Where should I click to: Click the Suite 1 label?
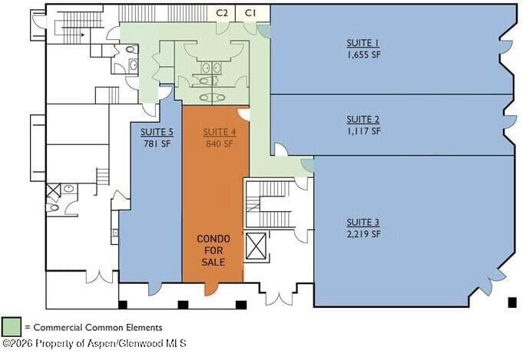(x=363, y=43)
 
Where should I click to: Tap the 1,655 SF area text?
(x=363, y=54)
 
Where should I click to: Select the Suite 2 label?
(x=363, y=119)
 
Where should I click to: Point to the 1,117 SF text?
(x=363, y=130)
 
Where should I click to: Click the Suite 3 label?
(x=363, y=223)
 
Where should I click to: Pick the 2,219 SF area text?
(x=363, y=234)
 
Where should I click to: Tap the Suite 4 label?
(x=220, y=132)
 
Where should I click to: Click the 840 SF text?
(x=220, y=144)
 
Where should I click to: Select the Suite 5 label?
(x=157, y=132)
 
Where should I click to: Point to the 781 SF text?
(x=157, y=144)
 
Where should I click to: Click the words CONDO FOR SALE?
(x=214, y=250)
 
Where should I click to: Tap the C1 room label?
(x=250, y=13)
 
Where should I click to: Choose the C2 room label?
(x=222, y=13)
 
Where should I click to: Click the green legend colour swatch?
(x=12, y=327)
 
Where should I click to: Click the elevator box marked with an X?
(x=256, y=246)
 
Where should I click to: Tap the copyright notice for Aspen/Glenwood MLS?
(x=94, y=343)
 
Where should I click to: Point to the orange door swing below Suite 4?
(x=210, y=289)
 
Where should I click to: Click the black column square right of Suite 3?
(x=512, y=302)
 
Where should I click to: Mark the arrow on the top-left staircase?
(x=82, y=35)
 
